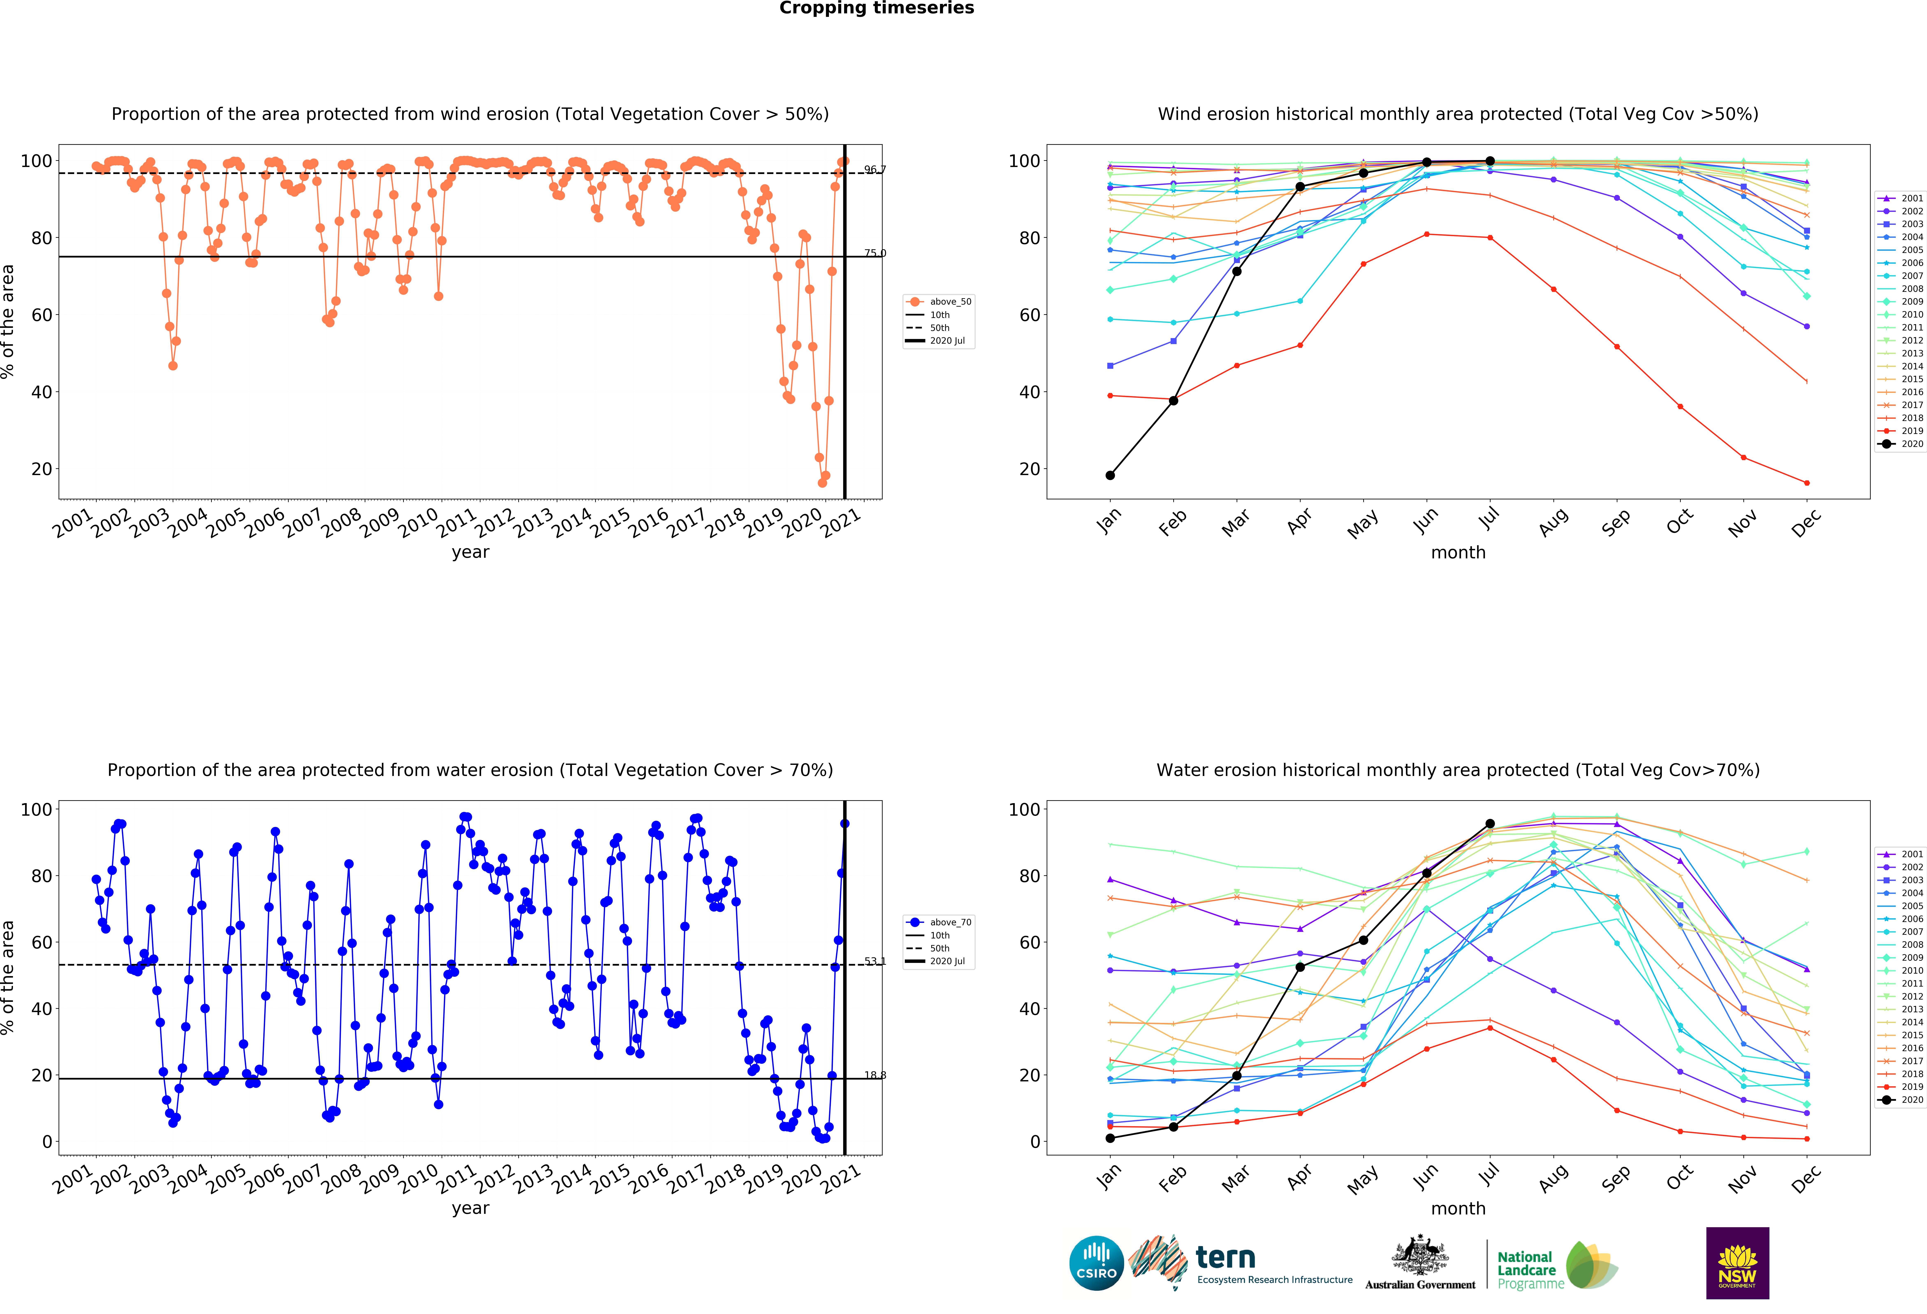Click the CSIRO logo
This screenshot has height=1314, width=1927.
point(1096,1263)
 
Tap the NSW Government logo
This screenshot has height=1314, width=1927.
point(1737,1263)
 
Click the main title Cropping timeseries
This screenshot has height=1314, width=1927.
point(876,8)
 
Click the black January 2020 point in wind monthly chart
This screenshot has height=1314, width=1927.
point(1109,475)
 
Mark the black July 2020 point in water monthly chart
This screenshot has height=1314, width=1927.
point(1490,824)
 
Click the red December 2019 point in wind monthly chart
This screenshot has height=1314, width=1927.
point(1807,483)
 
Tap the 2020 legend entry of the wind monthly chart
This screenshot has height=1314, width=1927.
point(1900,444)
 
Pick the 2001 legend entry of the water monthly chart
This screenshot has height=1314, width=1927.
point(1900,854)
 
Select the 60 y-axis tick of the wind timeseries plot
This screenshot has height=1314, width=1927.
point(42,315)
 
